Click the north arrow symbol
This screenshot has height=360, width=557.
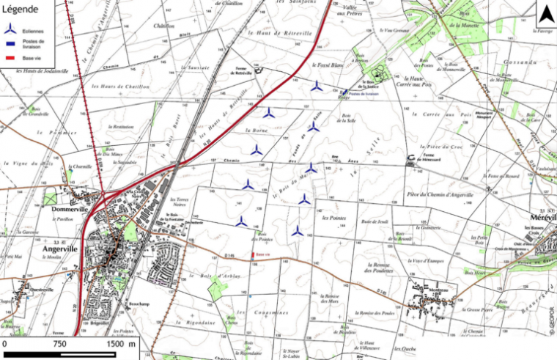(546, 15)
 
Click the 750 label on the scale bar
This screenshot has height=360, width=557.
(59, 343)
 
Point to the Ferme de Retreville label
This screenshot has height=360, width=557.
(243, 72)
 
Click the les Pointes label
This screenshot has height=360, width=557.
(333, 218)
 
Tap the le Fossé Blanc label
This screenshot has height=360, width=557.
(328, 65)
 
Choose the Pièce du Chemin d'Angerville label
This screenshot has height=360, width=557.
(439, 194)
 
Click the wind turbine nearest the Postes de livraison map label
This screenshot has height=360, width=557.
(316, 86)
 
